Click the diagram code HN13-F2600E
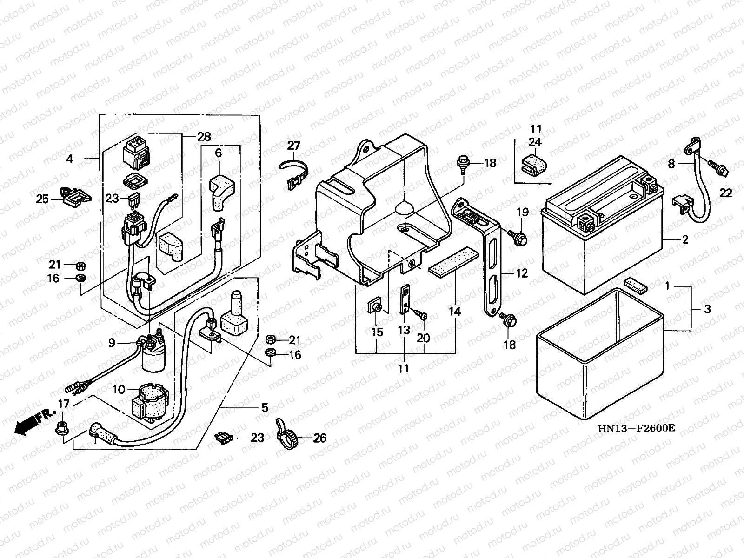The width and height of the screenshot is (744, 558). pyautogui.click(x=636, y=428)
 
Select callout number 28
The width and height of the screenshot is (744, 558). pyautogui.click(x=204, y=137)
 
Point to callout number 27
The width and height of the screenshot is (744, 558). pyautogui.click(x=293, y=146)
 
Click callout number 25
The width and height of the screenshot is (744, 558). pyautogui.click(x=42, y=199)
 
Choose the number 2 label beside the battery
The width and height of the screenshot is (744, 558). pyautogui.click(x=685, y=239)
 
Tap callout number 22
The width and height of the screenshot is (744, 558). pyautogui.click(x=726, y=193)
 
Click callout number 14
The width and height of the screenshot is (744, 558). pyautogui.click(x=455, y=311)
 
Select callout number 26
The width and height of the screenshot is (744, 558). pyautogui.click(x=319, y=438)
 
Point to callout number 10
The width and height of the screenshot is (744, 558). pyautogui.click(x=119, y=390)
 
